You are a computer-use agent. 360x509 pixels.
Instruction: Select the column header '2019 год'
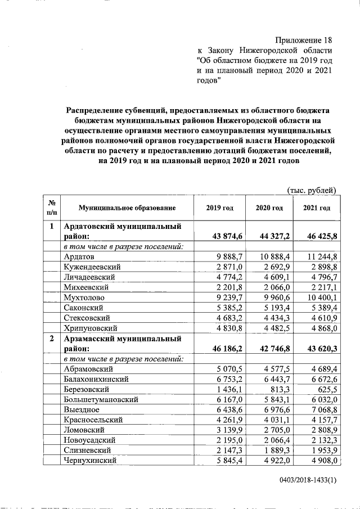pos(220,208)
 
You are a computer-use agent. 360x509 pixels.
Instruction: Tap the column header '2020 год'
pos(269,208)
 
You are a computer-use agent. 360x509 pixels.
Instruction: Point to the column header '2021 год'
pos(317,208)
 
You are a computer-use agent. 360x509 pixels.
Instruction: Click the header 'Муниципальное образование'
pos(127,208)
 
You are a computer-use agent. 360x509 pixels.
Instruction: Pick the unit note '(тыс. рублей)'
pos(312,190)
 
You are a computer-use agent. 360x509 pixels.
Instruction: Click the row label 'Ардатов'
pos(79,256)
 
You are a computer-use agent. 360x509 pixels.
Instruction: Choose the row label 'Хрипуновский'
pos(90,327)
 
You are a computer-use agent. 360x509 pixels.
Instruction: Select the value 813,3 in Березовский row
pos(279,389)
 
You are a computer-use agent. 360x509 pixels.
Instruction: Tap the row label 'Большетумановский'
pos(101,399)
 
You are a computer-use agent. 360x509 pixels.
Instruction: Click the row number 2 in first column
pos(52,339)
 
